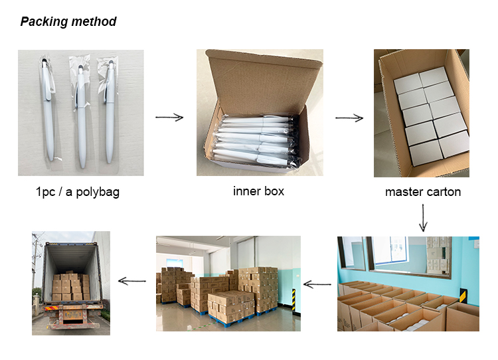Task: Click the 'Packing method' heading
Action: pyautogui.click(x=68, y=22)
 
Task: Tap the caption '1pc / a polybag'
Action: pyautogui.click(x=78, y=193)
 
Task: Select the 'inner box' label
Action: pyautogui.click(x=258, y=191)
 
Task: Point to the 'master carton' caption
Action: pyautogui.click(x=423, y=193)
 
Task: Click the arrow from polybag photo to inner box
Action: pyautogui.click(x=169, y=118)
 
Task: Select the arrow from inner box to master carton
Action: pyautogui.click(x=349, y=118)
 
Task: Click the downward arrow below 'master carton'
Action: pyautogui.click(x=423, y=218)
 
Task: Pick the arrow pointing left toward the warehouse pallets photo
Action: pyautogui.click(x=317, y=284)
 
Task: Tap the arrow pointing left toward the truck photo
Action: pyautogui.click(x=132, y=281)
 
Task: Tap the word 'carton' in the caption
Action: pyautogui.click(x=442, y=193)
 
